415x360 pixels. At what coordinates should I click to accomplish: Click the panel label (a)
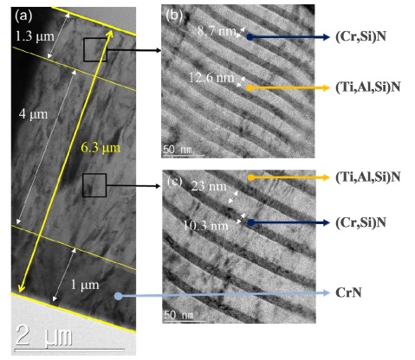pos(23,16)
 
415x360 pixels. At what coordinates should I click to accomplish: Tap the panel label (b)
pos(174,15)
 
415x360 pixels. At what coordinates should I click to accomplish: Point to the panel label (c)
pos(175,181)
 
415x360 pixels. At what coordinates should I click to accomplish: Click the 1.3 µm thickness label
pos(35,36)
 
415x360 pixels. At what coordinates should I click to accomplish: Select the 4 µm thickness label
pos(33,114)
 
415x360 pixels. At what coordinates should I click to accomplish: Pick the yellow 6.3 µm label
pos(101,148)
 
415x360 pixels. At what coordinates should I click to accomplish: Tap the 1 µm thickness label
pos(85,285)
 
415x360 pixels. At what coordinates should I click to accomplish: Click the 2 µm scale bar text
pos(43,335)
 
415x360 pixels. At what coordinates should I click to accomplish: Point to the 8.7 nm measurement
pos(217,30)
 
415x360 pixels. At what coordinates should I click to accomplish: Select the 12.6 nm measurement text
pos(211,78)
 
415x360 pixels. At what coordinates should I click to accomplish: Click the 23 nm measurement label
pos(209,186)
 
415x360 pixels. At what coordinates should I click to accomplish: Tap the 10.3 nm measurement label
pos(206,225)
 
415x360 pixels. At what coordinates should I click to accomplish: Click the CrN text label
pos(348,292)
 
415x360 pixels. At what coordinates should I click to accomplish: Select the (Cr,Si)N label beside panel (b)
pos(360,36)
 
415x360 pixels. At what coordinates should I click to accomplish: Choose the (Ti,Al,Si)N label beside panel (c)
pos(368,177)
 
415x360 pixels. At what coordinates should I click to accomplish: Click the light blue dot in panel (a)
pos(118,296)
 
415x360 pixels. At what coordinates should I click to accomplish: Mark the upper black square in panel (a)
pos(95,49)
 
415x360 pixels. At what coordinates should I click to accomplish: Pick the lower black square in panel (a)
pos(94,185)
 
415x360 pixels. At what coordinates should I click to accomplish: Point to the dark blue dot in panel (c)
pos(250,222)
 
